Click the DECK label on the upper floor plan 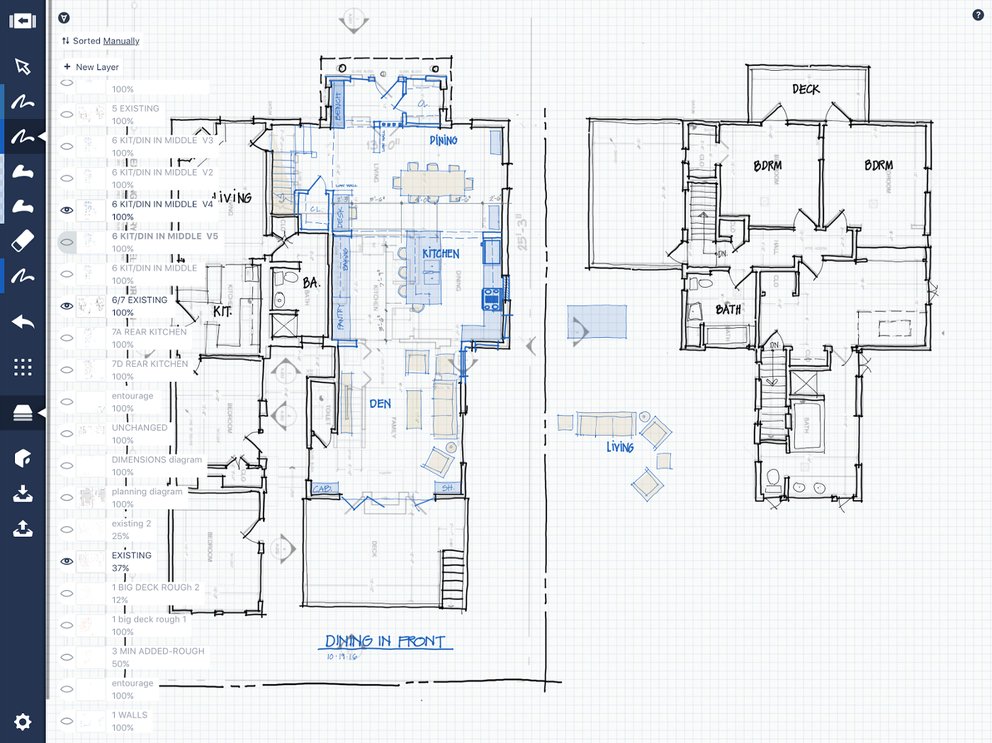[806, 89]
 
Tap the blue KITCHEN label [440, 254]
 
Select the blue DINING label [443, 141]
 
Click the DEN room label [380, 404]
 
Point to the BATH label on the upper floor [728, 310]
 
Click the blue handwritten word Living [620, 447]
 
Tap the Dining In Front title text [384, 641]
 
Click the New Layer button [91, 67]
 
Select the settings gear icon [22, 721]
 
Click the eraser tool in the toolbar [22, 242]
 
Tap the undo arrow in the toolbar [22, 322]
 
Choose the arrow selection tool [22, 67]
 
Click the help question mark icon [978, 15]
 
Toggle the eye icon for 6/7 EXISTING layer [67, 306]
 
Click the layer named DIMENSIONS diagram [156, 460]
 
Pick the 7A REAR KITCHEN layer [149, 332]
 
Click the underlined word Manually [121, 41]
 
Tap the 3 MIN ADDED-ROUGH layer [158, 651]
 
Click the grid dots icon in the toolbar [22, 367]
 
